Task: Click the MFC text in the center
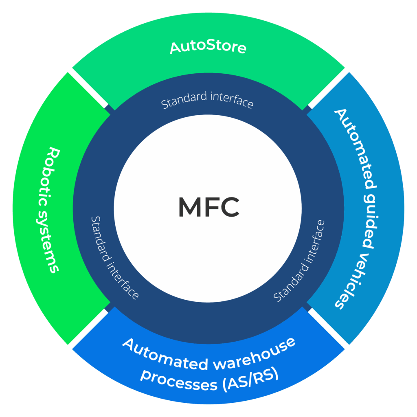(x=208, y=207)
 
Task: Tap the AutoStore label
(x=208, y=48)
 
